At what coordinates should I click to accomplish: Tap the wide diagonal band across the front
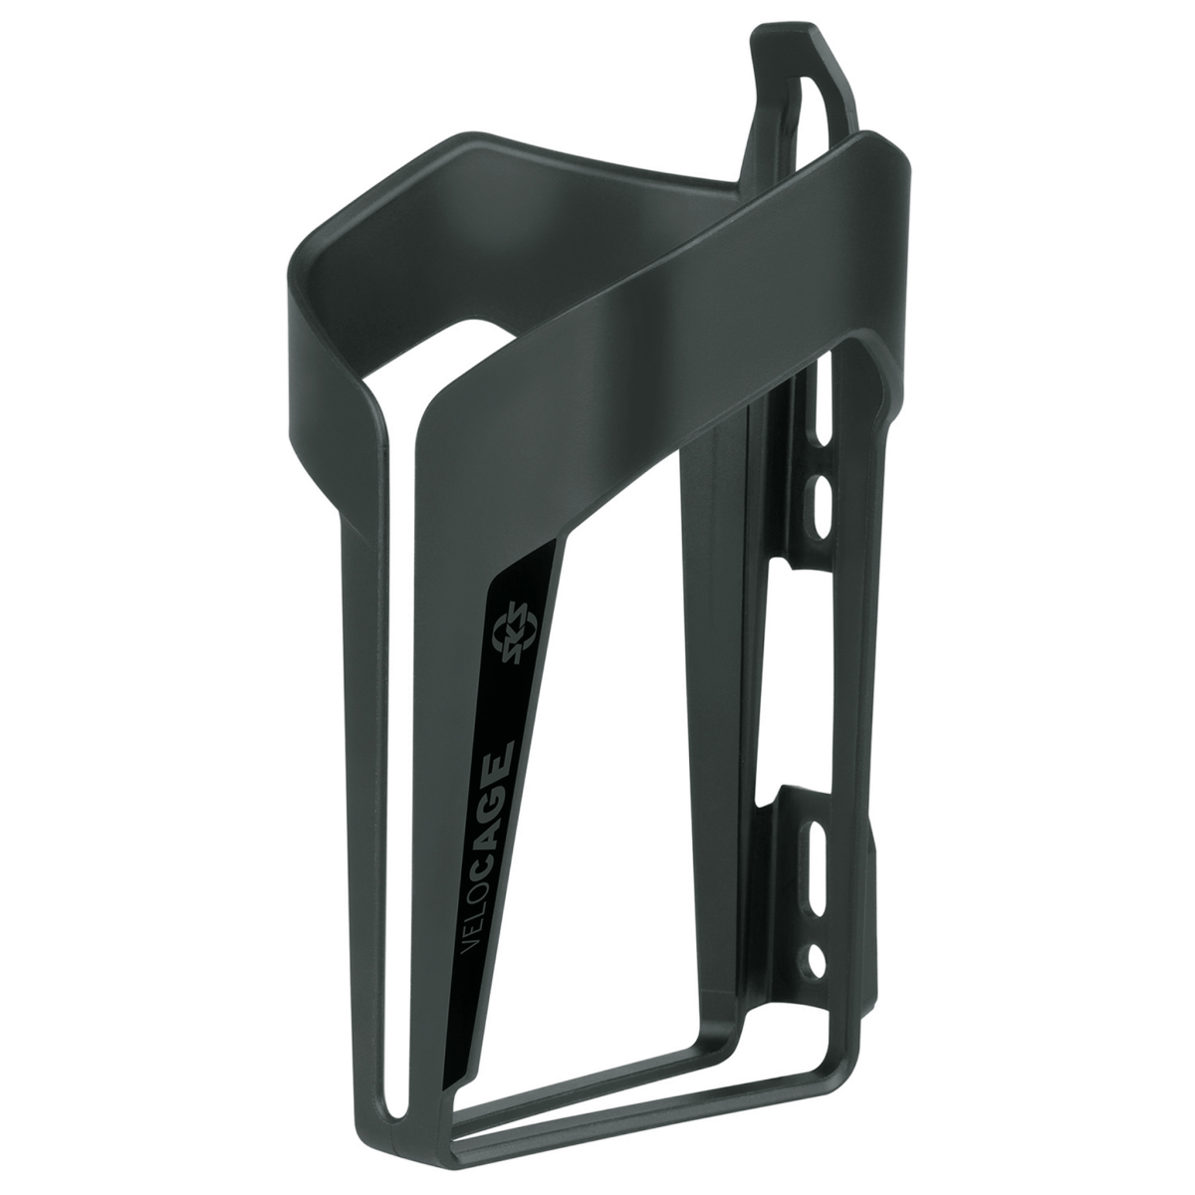(x=637, y=329)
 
